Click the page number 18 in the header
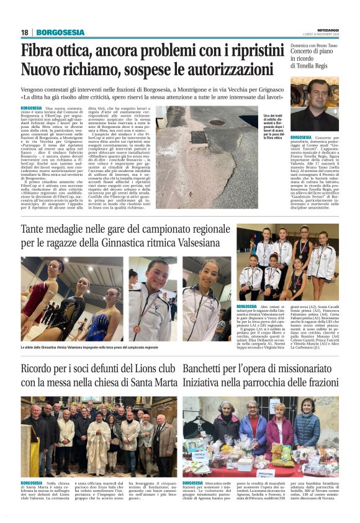pos(25,32)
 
